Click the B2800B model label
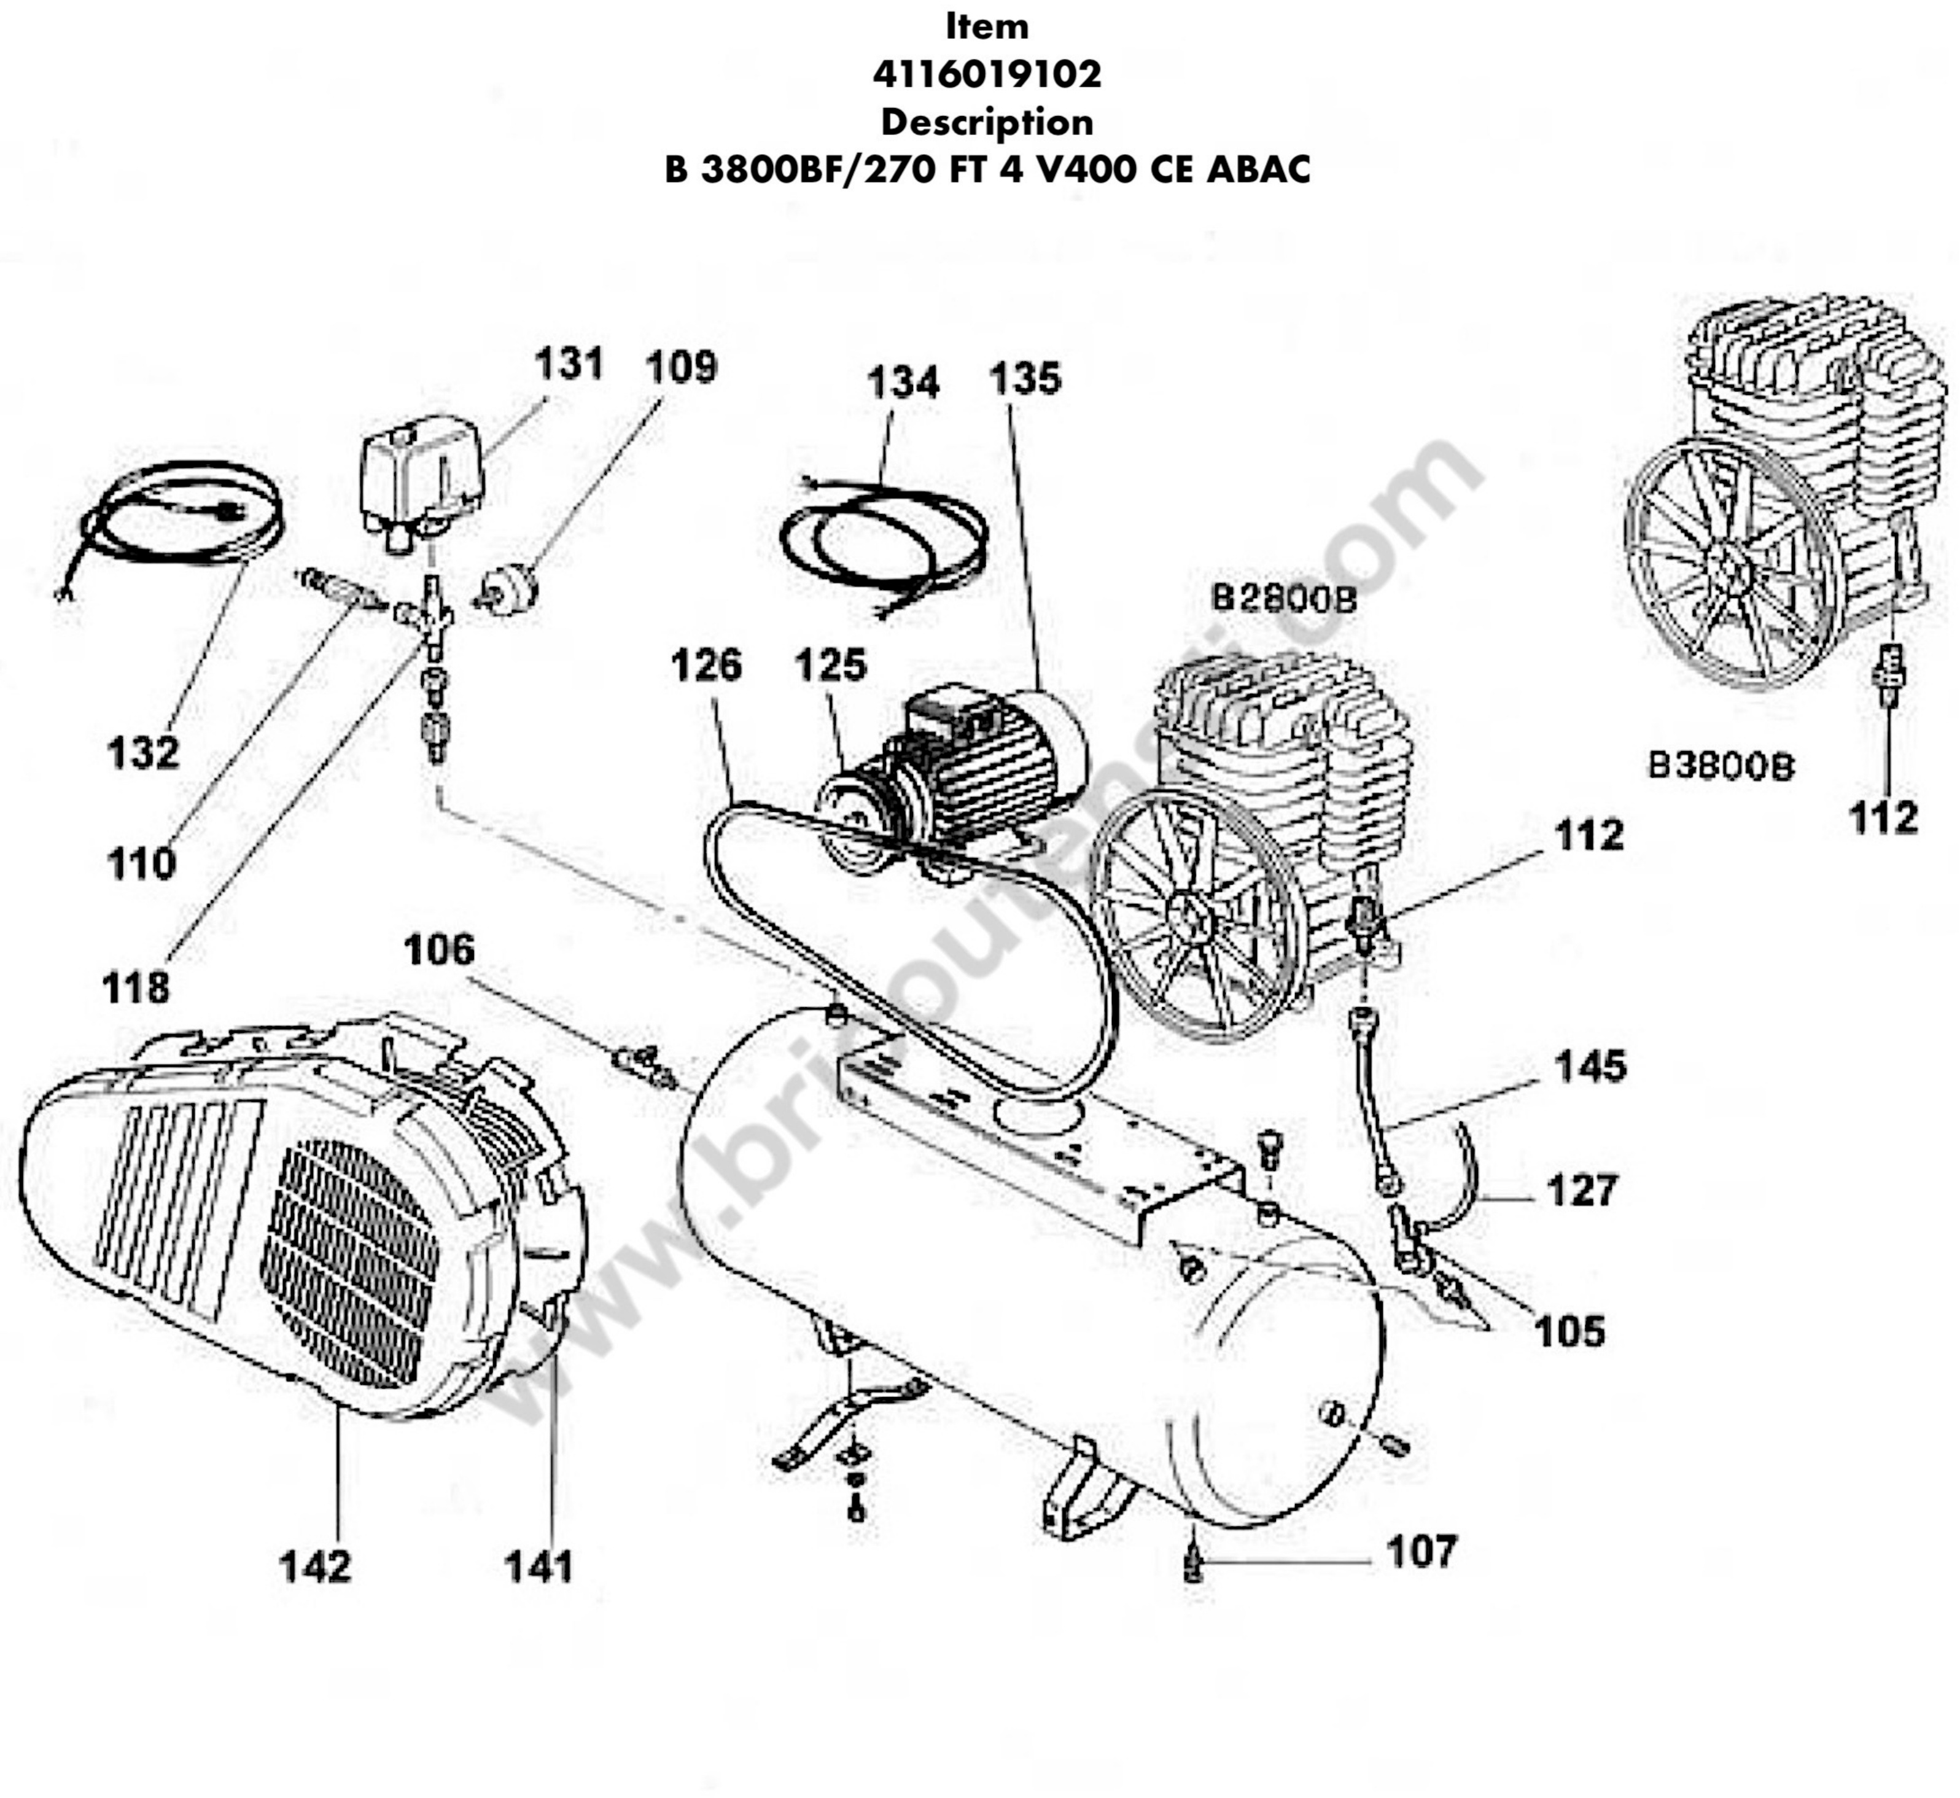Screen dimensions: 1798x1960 [1283, 597]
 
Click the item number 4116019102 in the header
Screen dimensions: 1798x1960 [986, 74]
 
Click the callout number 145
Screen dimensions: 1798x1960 [1589, 1067]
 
